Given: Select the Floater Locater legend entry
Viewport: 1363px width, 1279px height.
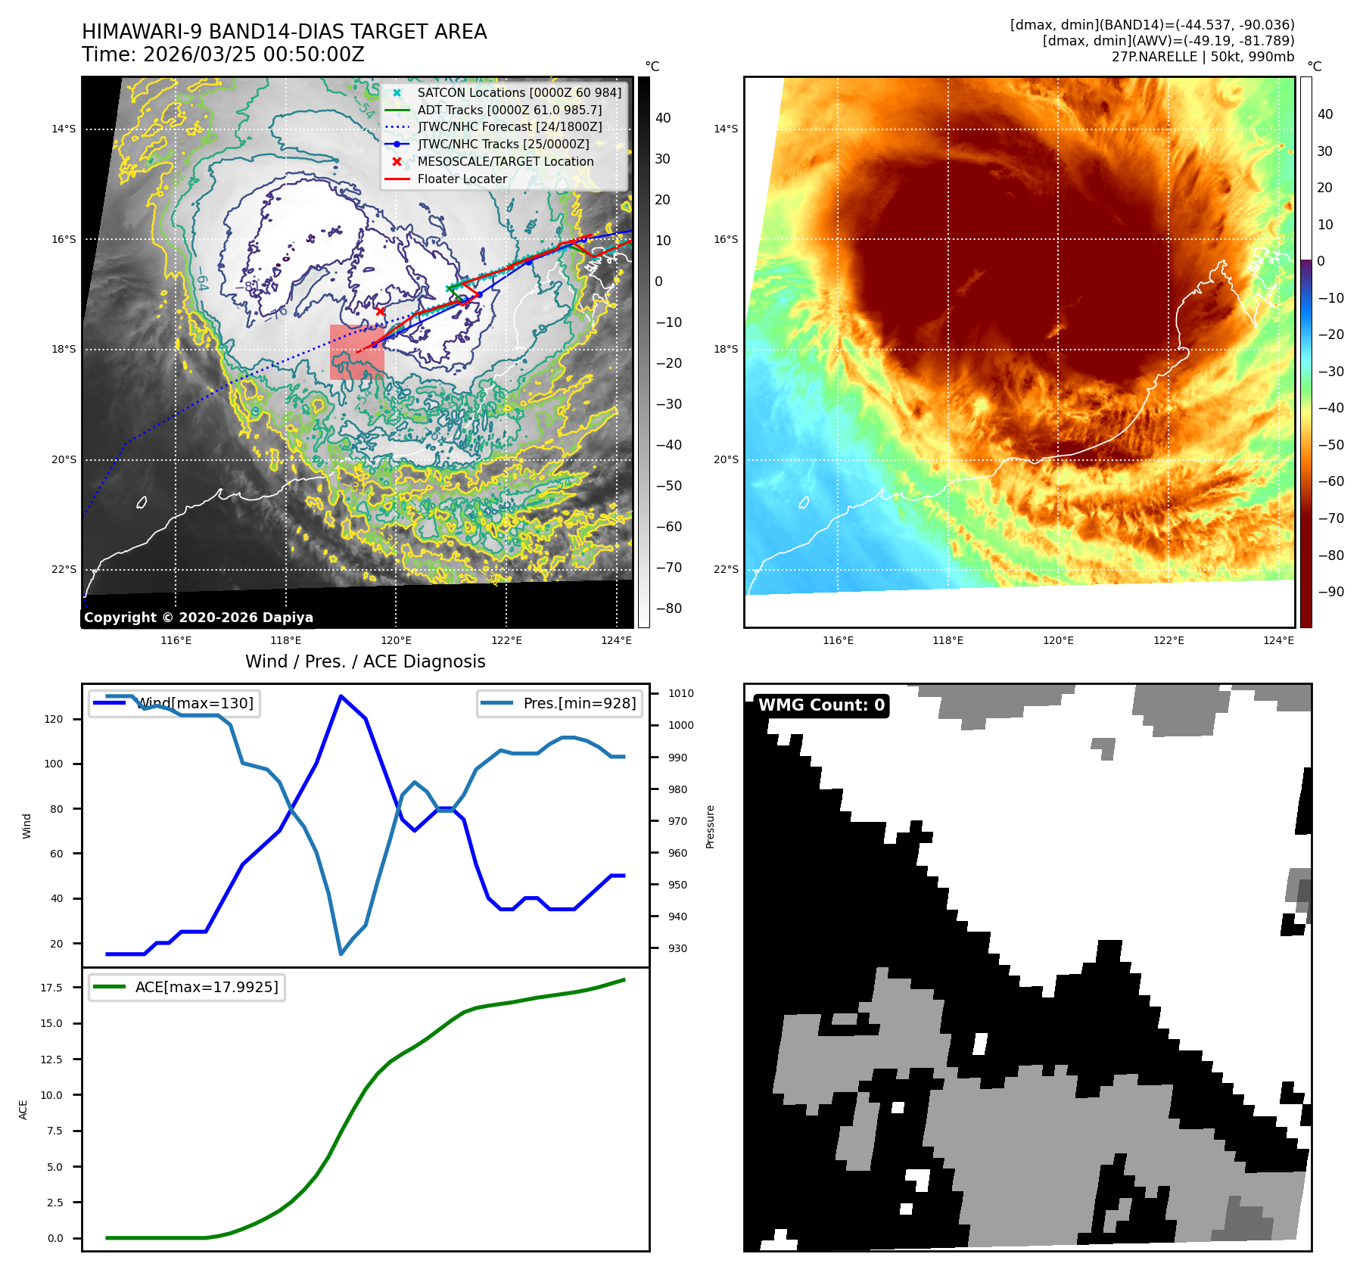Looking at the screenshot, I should [462, 179].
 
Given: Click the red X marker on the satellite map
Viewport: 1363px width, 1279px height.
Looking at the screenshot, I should [380, 311].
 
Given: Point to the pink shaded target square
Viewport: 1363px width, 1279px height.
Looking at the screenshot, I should [356, 353].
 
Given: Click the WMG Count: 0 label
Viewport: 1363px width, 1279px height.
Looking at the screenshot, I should [821, 705].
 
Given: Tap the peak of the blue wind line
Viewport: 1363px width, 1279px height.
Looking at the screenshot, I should [341, 696].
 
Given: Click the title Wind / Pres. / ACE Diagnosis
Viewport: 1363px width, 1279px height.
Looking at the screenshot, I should [365, 661].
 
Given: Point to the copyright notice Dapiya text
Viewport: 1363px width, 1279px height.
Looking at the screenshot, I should [198, 618].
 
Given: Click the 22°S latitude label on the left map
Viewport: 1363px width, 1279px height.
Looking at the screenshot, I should [64, 569].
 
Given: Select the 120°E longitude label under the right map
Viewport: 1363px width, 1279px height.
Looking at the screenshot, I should [1058, 640].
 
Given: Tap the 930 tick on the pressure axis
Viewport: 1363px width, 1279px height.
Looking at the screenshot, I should [677, 948].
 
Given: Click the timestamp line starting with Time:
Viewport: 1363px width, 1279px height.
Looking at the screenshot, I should [223, 54].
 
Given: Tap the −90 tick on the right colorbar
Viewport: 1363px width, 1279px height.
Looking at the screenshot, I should [1330, 592].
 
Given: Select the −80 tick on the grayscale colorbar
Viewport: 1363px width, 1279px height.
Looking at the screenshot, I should [668, 608].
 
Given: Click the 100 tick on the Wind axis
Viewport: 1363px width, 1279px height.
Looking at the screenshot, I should [54, 764].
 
